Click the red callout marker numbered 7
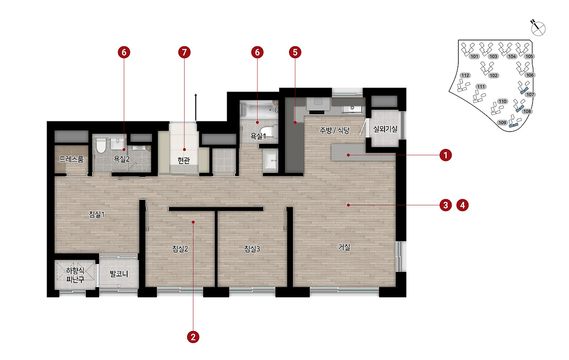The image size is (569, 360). [184, 52]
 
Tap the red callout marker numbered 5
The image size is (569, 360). [295, 52]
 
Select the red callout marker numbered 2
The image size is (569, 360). [193, 337]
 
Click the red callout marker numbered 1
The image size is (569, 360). [445, 155]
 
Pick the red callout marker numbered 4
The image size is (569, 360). [463, 205]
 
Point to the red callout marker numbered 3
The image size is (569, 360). [445, 205]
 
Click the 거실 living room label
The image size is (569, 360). [344, 247]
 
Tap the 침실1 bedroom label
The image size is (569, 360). [97, 215]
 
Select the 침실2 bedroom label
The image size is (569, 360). [180, 249]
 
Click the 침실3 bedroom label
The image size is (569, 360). [252, 249]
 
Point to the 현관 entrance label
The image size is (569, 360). [184, 160]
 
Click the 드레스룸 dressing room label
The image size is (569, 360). [72, 159]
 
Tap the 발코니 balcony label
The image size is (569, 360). [119, 274]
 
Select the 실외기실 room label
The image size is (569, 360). [385, 129]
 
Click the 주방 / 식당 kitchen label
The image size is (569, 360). [335, 130]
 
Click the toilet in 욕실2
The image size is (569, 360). [101, 145]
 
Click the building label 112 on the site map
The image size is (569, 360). [465, 75]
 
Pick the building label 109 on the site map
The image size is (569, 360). [502, 123]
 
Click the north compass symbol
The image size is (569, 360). [538, 28]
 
